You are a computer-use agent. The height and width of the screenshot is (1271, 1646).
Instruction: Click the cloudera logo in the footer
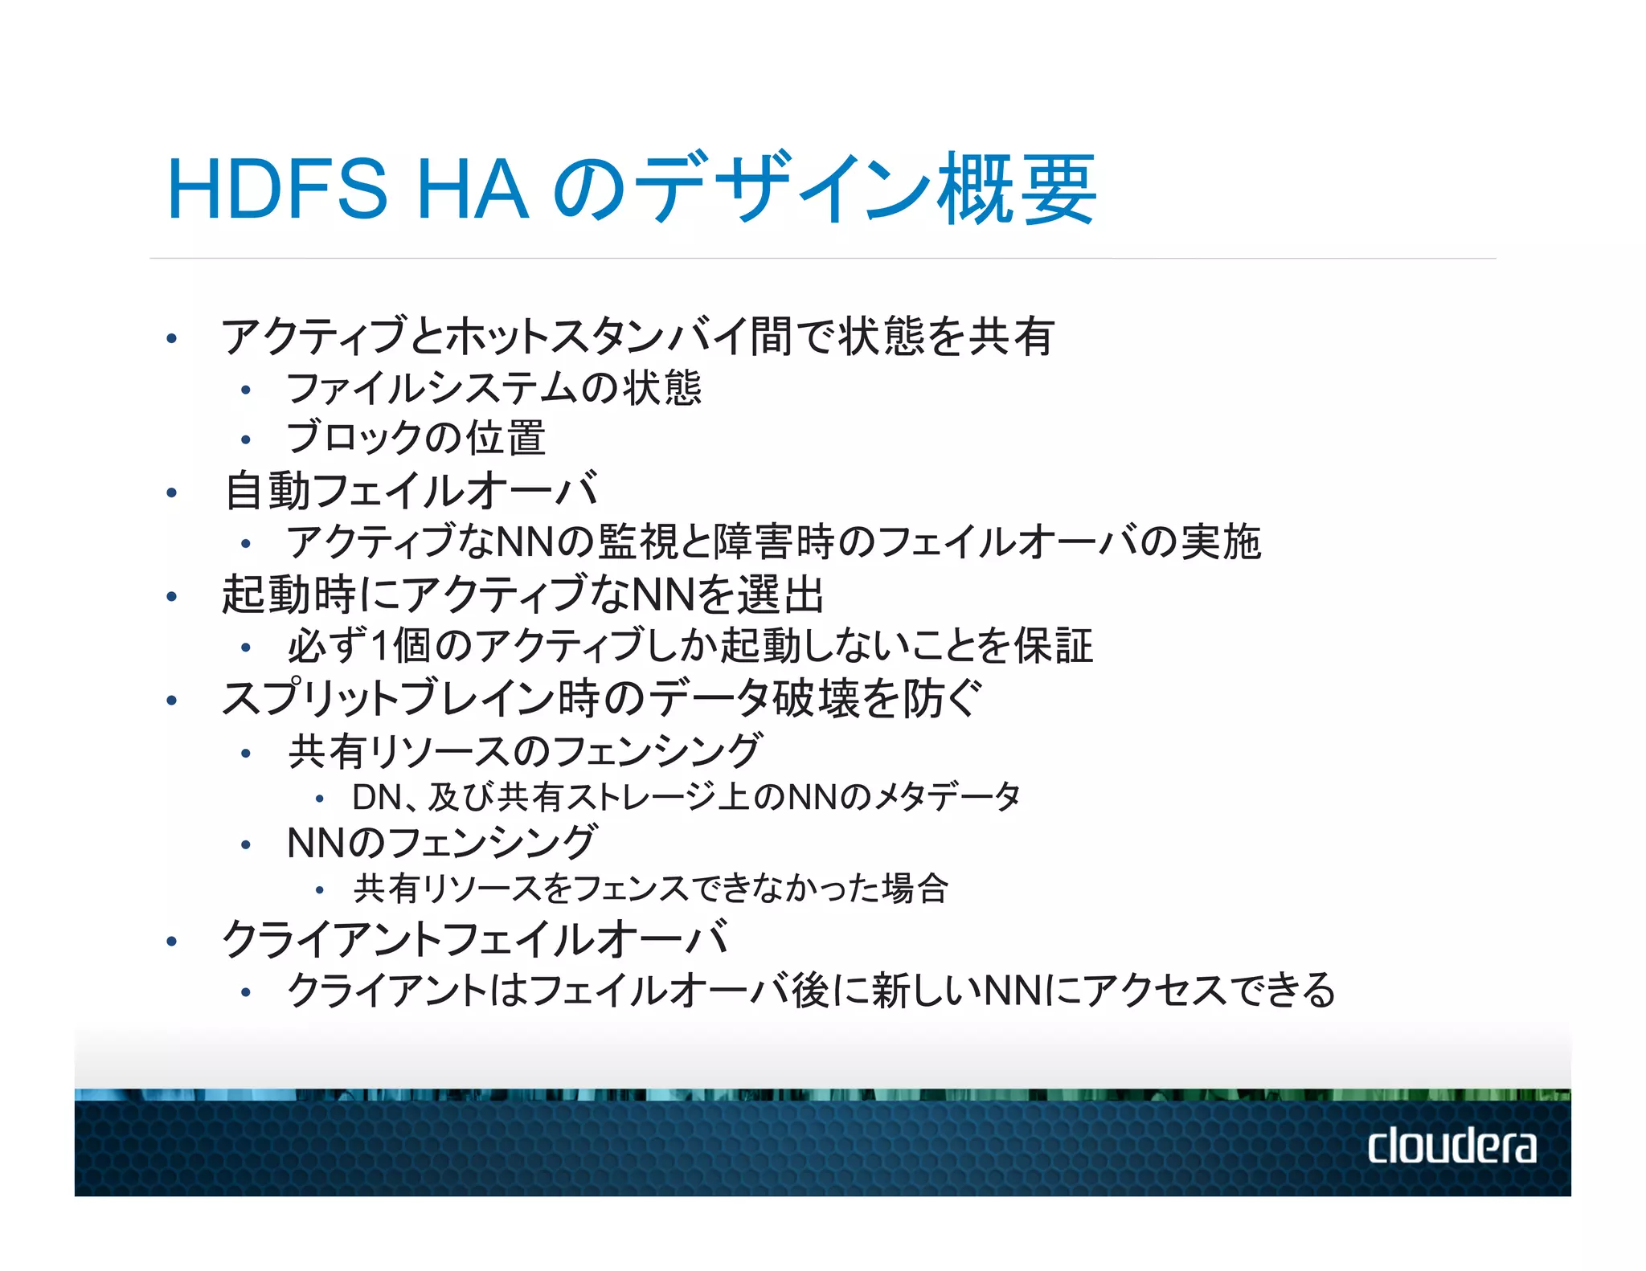coord(1452,1146)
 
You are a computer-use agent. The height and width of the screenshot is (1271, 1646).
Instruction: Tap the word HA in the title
coord(473,190)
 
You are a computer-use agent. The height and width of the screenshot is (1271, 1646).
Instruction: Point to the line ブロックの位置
coord(416,438)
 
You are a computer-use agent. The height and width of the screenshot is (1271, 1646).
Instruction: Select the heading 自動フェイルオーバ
coord(411,491)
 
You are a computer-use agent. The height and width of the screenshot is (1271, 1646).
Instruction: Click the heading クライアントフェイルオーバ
coord(475,938)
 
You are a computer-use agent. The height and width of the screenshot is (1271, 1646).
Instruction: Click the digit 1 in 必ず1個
coord(382,646)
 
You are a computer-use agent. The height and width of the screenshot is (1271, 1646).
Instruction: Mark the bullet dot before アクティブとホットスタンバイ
coord(171,338)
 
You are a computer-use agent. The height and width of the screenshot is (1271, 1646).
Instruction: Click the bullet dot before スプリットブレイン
coord(171,701)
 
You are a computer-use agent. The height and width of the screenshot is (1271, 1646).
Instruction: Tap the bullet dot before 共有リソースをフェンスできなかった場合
coord(319,890)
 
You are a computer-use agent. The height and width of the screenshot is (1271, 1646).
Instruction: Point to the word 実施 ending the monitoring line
coord(1221,542)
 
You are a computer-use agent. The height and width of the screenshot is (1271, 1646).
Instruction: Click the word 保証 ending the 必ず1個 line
coord(1053,646)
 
